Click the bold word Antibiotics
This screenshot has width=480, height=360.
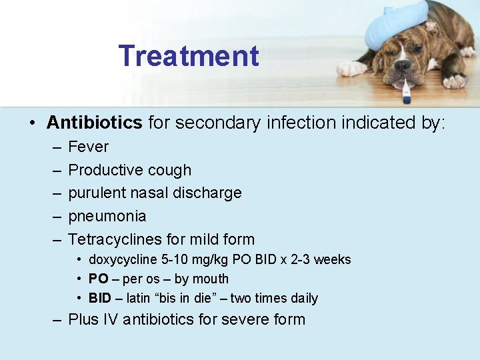94,123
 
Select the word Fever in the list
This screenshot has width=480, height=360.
88,147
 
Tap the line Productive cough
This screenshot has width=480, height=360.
129,170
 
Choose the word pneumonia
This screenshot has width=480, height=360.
107,216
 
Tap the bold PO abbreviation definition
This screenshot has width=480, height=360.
98,279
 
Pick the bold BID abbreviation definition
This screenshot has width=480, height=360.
100,298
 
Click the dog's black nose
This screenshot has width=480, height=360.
403,66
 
